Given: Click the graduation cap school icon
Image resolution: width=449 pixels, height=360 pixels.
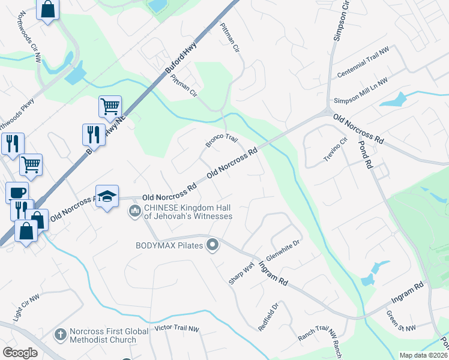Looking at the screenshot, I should pos(107,197).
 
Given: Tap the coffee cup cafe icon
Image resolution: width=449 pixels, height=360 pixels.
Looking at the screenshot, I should pos(17,193).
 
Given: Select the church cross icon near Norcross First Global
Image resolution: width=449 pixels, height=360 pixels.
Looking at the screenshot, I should pos(60,334).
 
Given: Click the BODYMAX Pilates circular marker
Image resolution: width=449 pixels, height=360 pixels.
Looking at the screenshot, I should pos(211,245).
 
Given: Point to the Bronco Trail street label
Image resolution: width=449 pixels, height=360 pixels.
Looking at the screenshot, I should pos(222,141).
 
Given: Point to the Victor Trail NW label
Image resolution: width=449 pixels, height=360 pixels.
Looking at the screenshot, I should pos(176,329).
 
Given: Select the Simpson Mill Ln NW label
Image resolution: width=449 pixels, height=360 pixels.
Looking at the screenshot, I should pos(361,91).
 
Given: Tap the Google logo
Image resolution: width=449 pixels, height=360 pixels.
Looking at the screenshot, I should pos(20,353).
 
